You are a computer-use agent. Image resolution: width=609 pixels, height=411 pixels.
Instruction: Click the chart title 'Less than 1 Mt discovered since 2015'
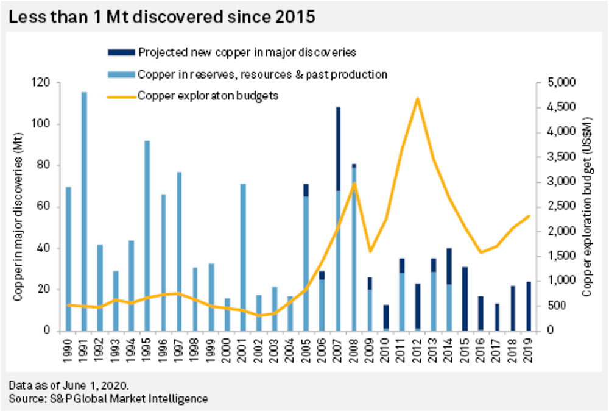pyautogui.click(x=161, y=16)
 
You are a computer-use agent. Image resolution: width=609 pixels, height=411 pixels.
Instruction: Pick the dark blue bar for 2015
pyautogui.click(x=465, y=299)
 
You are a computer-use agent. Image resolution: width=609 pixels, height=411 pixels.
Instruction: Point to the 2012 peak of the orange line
pyautogui.click(x=418, y=98)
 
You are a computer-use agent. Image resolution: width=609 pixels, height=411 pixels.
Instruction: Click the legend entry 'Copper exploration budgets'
pyautogui.click(x=208, y=96)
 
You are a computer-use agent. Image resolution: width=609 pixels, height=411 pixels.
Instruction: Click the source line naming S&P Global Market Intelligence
pyautogui.click(x=108, y=399)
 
